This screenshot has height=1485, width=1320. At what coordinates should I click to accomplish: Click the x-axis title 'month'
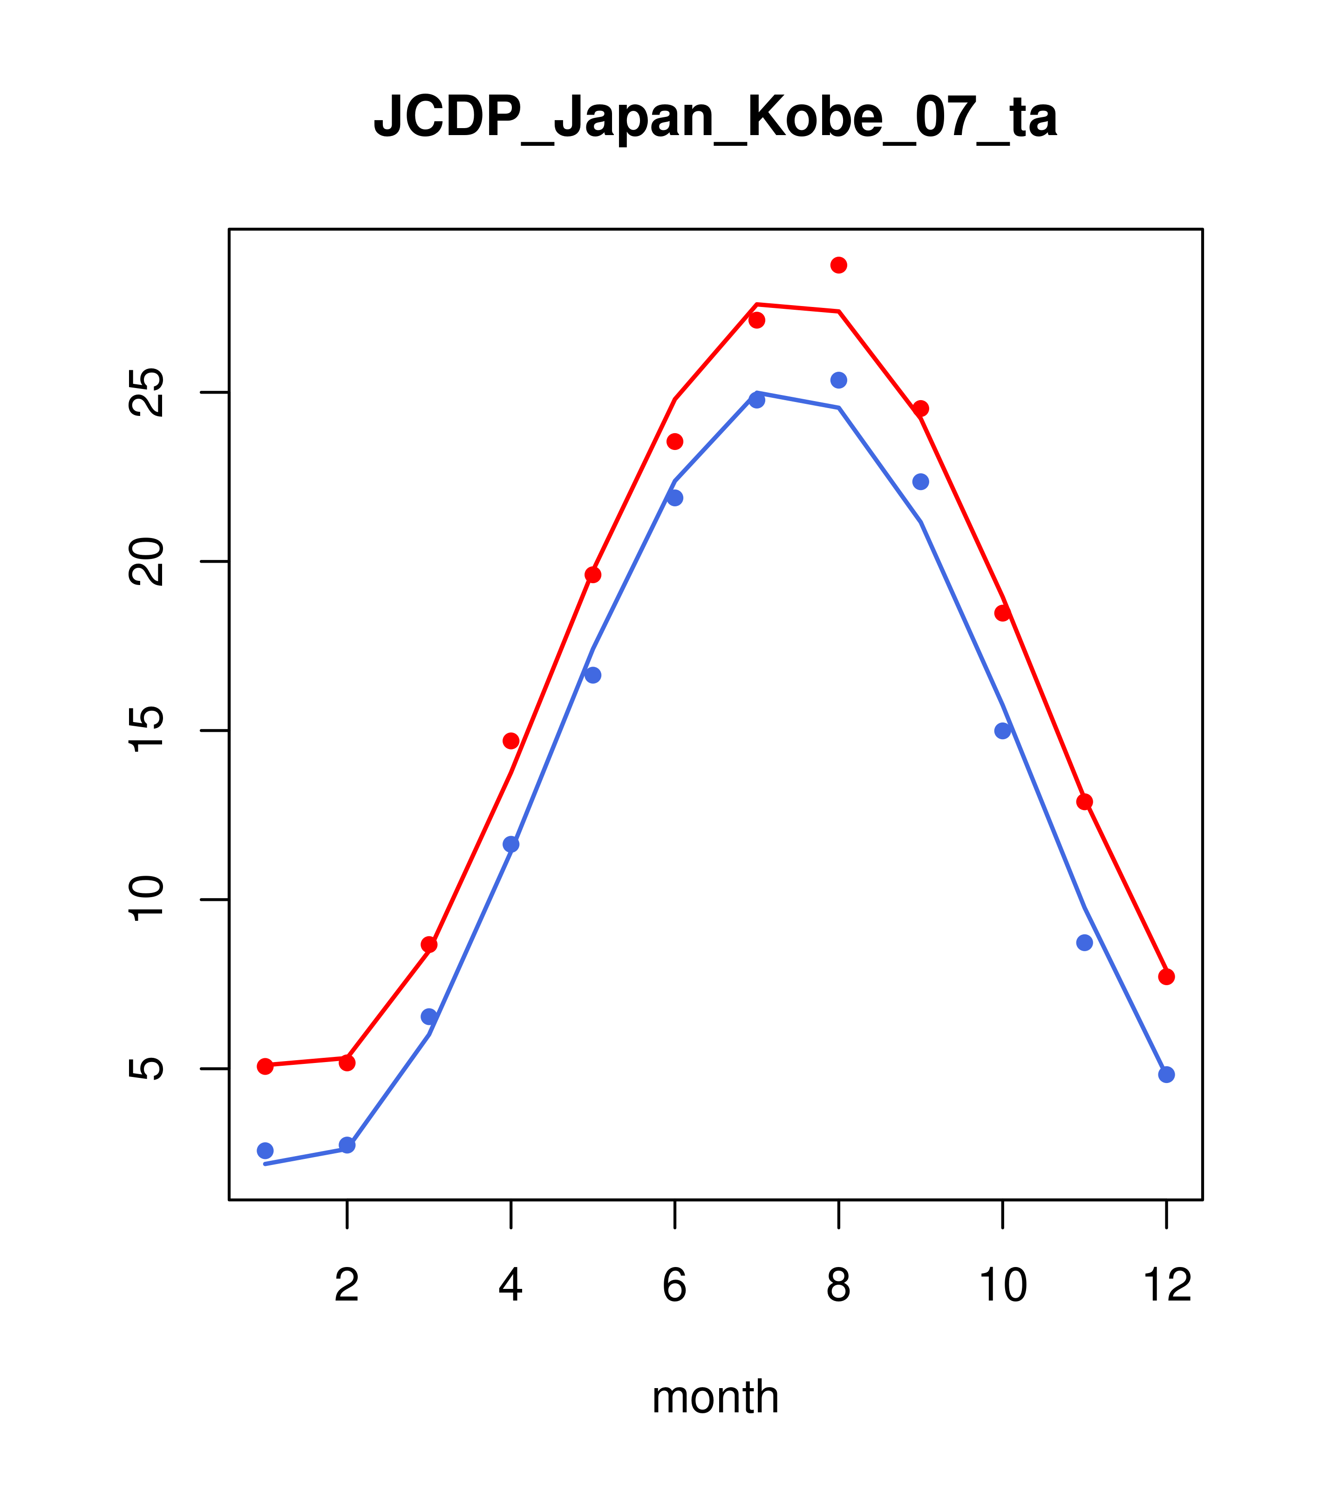pyautogui.click(x=715, y=1396)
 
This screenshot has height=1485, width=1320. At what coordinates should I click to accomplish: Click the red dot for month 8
pyautogui.click(x=838, y=265)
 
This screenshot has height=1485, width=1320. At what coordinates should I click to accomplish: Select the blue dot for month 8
pyautogui.click(x=838, y=380)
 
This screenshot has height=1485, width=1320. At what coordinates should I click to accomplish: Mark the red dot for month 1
pyautogui.click(x=265, y=1066)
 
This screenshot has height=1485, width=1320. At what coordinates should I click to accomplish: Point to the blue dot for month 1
pyautogui.click(x=265, y=1150)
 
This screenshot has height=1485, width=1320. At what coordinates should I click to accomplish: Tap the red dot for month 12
pyautogui.click(x=1166, y=976)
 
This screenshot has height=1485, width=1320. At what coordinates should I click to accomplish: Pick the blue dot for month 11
pyautogui.click(x=1084, y=942)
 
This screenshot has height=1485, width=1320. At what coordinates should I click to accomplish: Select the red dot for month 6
pyautogui.click(x=675, y=442)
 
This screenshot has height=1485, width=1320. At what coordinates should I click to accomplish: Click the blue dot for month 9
pyautogui.click(x=920, y=482)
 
